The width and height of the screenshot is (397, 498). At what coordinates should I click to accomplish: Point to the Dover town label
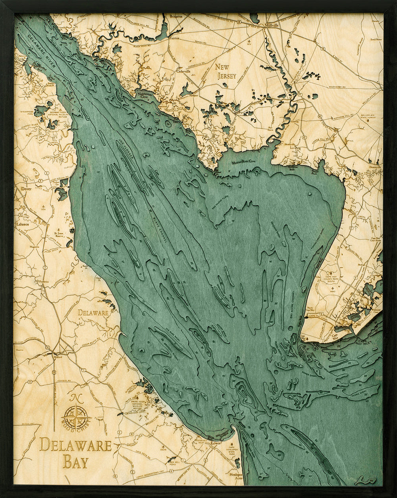[26, 189]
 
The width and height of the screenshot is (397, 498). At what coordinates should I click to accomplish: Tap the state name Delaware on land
[93, 313]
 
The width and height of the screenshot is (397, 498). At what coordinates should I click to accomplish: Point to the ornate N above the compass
[75, 398]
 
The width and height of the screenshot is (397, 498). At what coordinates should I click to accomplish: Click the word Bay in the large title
[75, 462]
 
